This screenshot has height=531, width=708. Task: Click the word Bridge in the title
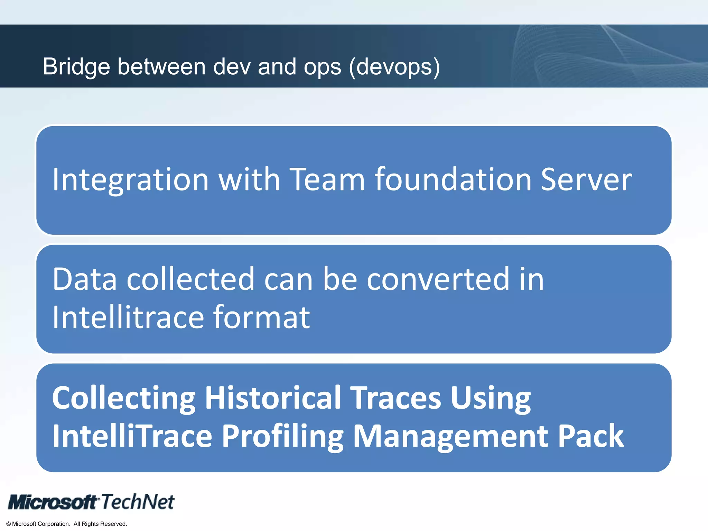coord(76,67)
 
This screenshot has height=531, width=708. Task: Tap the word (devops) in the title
coord(394,67)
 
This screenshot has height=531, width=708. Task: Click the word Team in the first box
coord(327,179)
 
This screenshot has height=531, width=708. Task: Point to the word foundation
coord(453,179)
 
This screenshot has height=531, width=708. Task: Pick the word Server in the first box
coord(586,179)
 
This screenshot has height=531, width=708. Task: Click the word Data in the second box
coord(85,279)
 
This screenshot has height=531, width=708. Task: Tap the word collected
coord(190,279)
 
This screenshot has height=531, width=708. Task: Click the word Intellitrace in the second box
coord(128,317)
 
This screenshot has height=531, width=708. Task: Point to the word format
coord(261,317)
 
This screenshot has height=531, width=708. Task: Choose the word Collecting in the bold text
coord(124,398)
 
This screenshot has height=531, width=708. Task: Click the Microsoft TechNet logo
coord(91,502)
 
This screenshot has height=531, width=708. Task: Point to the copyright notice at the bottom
coord(67,524)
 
